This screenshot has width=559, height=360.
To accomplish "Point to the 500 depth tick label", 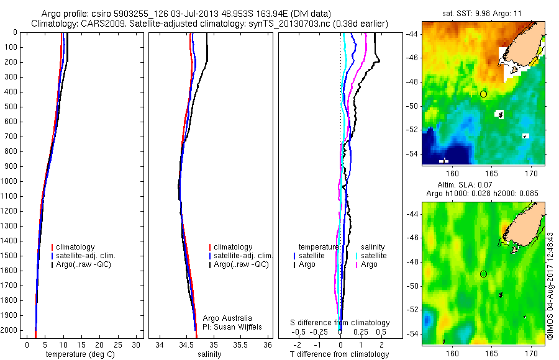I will coord(10,107).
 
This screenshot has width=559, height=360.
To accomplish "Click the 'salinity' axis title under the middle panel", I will coord(209,354).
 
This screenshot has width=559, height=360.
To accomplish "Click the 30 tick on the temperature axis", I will coord(137,344).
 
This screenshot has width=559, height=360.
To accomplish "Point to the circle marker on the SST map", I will coord(483,94).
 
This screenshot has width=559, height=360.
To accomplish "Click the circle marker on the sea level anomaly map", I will coord(483,274).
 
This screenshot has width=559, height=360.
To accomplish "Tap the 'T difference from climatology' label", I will coord(340,354).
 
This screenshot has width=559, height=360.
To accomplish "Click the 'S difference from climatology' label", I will coord(340,323).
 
